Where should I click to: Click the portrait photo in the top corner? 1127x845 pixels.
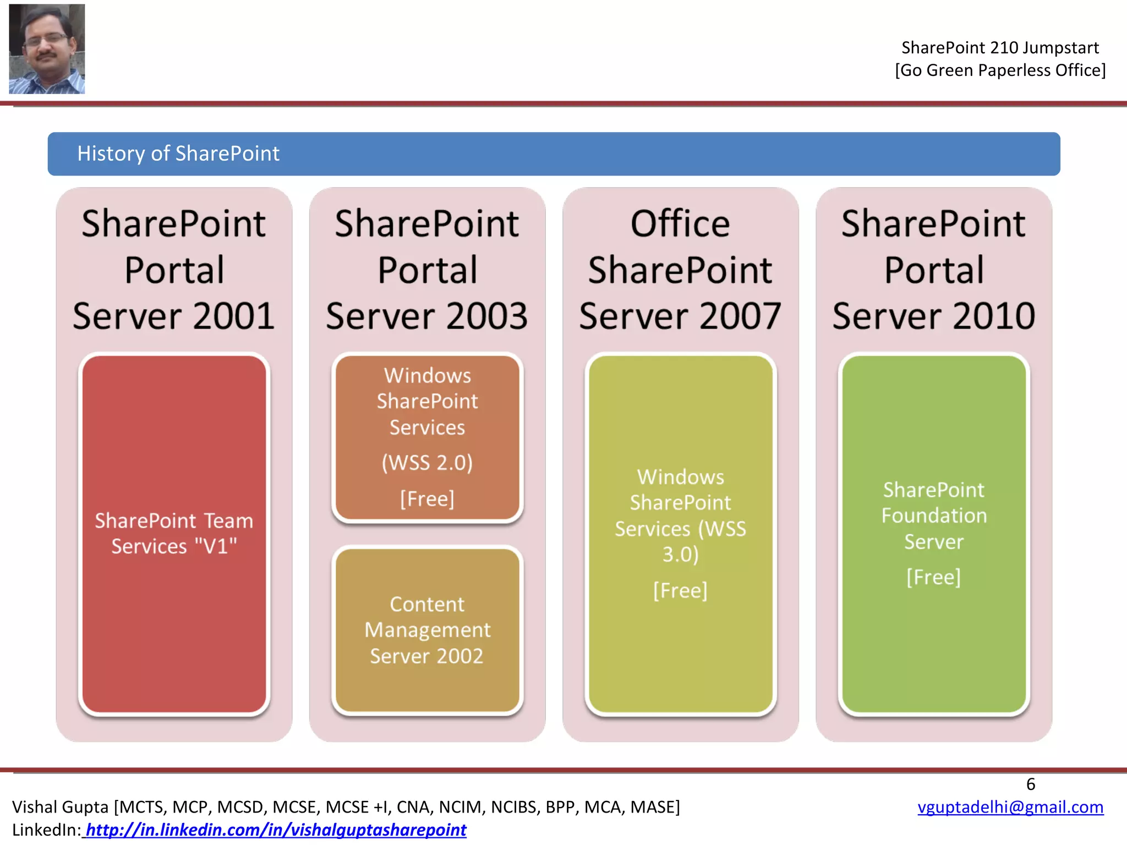(x=47, y=49)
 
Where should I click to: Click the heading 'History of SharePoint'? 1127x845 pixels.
(x=178, y=153)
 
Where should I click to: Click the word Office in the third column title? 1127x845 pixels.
(x=680, y=224)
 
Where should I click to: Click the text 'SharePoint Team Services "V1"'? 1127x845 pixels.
(x=174, y=533)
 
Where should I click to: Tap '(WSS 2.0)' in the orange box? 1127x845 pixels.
(x=427, y=463)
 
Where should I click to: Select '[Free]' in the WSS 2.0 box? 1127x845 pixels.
(x=427, y=499)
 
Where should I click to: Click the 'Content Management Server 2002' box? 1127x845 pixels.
(x=427, y=630)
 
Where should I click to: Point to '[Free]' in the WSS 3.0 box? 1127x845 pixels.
(x=680, y=590)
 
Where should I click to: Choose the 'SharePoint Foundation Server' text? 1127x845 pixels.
(x=934, y=515)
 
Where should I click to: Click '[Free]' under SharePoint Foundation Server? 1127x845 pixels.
(x=934, y=577)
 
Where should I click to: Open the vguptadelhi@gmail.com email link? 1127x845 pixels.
(x=1010, y=806)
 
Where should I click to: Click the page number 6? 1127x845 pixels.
(x=1031, y=784)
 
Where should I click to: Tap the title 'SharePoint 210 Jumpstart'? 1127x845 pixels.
(x=1000, y=48)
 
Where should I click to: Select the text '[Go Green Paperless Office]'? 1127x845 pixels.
(x=1000, y=70)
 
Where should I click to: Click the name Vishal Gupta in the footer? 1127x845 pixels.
(x=61, y=807)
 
